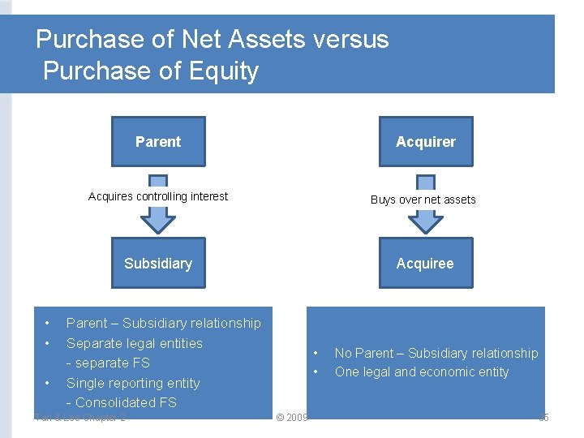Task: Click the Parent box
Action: point(158,142)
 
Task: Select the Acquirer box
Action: point(425,142)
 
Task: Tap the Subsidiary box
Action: point(158,263)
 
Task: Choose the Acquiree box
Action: point(425,263)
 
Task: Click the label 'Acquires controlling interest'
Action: point(158,196)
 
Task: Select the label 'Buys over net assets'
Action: point(423,200)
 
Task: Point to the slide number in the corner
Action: point(543,418)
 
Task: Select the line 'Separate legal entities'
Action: point(135,343)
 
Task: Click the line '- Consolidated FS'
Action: point(122,402)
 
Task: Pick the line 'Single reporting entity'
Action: point(133,383)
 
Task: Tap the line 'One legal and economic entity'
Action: point(422,372)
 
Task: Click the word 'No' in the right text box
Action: point(343,354)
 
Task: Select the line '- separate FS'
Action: point(108,363)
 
